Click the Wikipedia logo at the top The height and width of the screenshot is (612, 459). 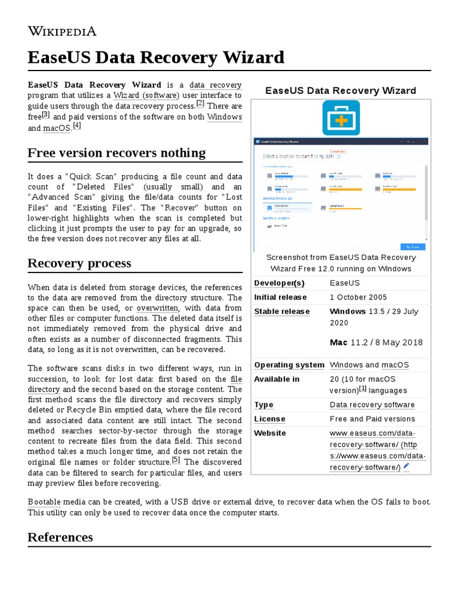[x=62, y=31]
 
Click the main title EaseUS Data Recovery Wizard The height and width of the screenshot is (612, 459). [x=156, y=57]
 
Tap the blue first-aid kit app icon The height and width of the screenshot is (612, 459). [x=341, y=118]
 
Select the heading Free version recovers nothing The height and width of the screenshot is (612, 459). [x=117, y=153]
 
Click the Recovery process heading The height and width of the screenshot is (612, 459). [x=79, y=263]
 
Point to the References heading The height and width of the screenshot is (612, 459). [x=60, y=537]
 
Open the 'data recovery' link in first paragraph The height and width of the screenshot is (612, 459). [x=215, y=84]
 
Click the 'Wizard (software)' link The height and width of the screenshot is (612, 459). [x=146, y=95]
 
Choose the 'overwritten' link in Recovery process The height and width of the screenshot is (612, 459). [x=157, y=308]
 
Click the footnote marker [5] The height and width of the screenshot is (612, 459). [x=176, y=460]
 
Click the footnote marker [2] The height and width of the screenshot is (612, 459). [x=200, y=103]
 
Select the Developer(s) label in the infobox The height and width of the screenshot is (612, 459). [x=279, y=283]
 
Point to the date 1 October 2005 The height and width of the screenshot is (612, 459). [x=358, y=297]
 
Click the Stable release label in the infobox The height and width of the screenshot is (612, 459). [x=282, y=311]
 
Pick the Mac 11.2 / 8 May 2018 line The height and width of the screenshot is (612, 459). [x=376, y=342]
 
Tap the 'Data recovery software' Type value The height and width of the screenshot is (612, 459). [x=372, y=405]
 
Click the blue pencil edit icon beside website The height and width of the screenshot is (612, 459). [x=406, y=466]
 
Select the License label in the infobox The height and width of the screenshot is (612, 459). [x=270, y=419]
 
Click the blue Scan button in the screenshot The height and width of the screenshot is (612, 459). [x=412, y=246]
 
